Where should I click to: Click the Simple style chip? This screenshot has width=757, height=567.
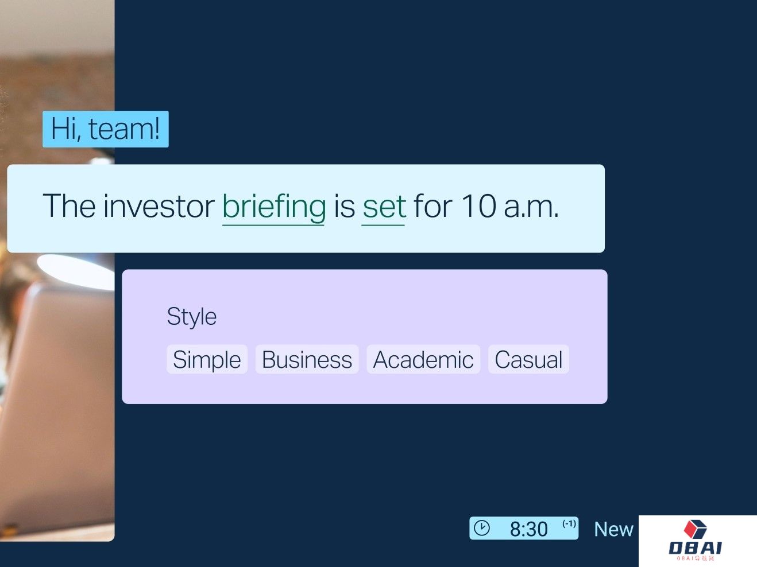207,359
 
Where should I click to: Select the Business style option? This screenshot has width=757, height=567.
307,359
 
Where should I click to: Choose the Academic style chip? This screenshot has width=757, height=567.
423,359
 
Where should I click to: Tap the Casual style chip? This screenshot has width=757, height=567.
528,359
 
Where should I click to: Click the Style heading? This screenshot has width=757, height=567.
192,317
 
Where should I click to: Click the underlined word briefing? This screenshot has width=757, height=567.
274,207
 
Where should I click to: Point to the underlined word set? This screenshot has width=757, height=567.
384,207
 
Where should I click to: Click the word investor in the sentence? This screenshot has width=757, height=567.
159,206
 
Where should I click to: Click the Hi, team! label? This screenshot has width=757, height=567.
106,129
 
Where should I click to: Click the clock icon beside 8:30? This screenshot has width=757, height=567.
481,528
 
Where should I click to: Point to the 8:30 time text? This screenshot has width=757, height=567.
528,529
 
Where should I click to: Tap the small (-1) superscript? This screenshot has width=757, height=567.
569,523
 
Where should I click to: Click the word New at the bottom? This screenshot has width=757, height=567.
613,530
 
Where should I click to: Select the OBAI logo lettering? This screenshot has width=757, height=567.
696,547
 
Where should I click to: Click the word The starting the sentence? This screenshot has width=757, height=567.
69,205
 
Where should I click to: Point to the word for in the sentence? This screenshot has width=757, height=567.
433,205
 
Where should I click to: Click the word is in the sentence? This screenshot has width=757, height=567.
344,206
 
